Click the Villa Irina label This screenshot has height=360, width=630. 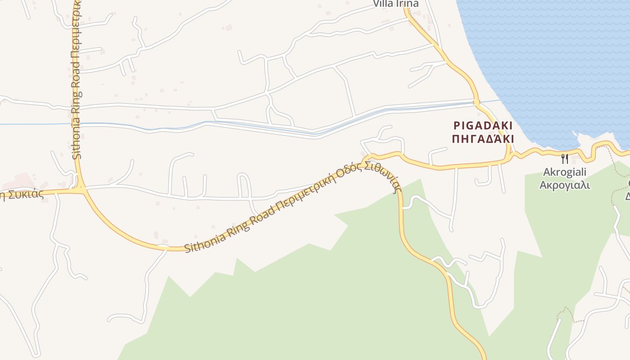(x=396, y=4)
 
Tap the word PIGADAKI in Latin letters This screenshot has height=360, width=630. (x=482, y=126)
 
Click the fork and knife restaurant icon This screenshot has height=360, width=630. (x=565, y=158)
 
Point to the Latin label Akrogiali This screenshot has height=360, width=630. (x=565, y=172)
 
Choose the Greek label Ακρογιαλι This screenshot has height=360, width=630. (x=565, y=184)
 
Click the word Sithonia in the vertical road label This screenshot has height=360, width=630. (x=77, y=138)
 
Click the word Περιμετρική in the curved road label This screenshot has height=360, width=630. (x=306, y=191)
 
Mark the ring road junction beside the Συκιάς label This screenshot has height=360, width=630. (x=81, y=190)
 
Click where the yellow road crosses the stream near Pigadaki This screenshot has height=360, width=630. (x=476, y=103)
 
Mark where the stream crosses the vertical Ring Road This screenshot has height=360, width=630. (x=76, y=124)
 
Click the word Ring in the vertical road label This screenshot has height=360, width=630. (x=76, y=100)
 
